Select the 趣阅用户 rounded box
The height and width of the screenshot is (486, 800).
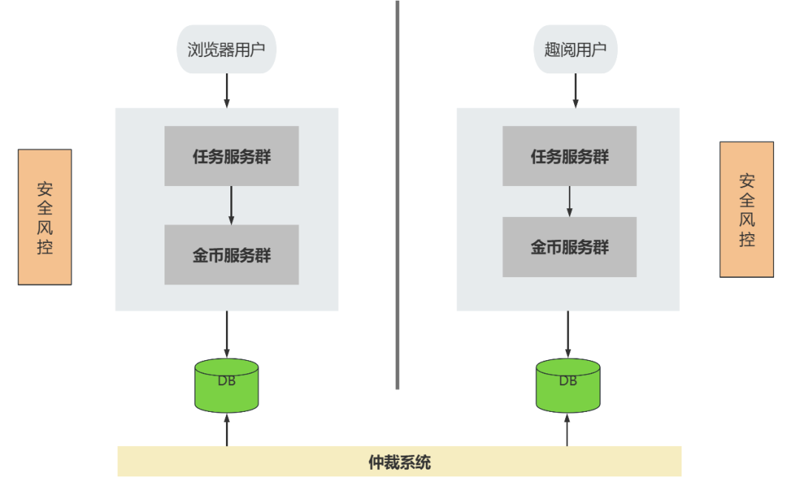[x=575, y=50]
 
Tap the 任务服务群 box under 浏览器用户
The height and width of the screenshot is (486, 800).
[x=231, y=156]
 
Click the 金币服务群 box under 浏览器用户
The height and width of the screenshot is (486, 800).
[x=231, y=255]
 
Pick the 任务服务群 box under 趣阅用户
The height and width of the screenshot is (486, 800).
[x=569, y=156]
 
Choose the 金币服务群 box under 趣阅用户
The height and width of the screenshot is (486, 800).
[x=569, y=247]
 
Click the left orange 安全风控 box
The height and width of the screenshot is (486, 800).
[x=44, y=216]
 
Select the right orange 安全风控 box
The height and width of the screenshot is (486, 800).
[x=746, y=210]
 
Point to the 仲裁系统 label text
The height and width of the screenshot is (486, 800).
[x=399, y=462]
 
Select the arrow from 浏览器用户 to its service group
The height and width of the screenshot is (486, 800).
[x=227, y=90]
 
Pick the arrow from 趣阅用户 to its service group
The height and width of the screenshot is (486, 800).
[x=575, y=90]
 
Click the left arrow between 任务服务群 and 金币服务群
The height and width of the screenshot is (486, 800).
[x=231, y=205]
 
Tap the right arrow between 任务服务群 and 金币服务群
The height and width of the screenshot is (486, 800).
[x=569, y=201]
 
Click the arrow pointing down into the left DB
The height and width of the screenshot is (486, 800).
[x=227, y=334]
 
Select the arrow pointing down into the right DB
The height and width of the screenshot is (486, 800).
[x=567, y=334]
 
